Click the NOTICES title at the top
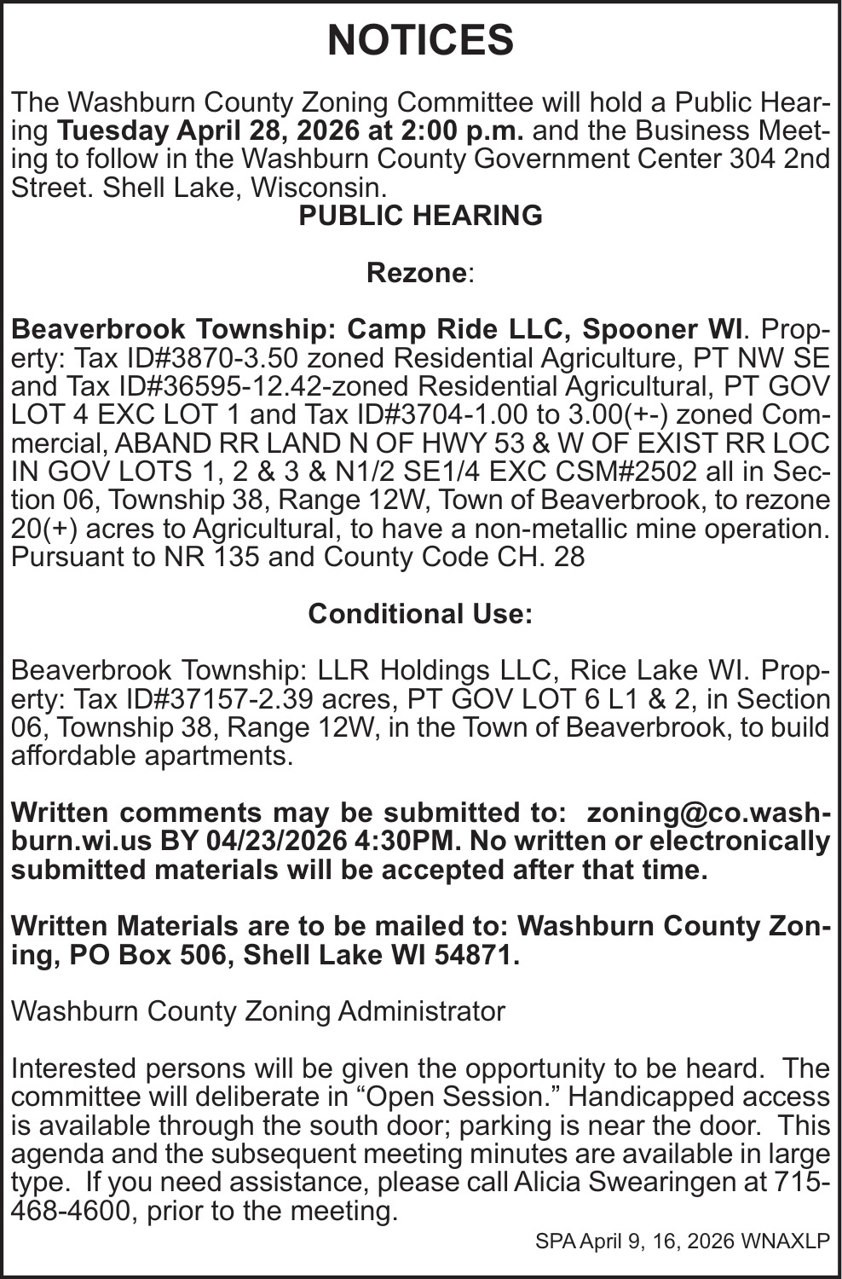pos(420,40)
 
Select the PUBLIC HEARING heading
pos(420,216)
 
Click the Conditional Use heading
pos(420,614)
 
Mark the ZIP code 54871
pos(476,955)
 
